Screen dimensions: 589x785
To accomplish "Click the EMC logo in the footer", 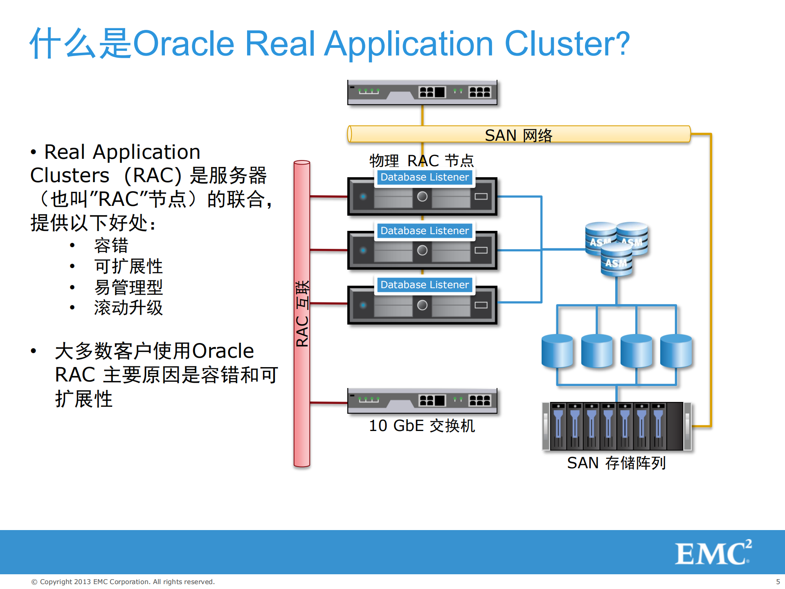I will tap(713, 553).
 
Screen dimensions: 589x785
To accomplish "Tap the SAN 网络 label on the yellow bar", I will tap(518, 135).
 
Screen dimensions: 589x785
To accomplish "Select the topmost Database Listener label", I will tap(424, 177).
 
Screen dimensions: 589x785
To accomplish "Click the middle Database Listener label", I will tap(424, 231).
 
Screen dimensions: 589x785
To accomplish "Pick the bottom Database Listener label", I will tap(424, 285).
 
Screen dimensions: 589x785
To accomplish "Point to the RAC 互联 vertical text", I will tap(302, 314).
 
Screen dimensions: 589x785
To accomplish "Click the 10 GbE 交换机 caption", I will tap(422, 426).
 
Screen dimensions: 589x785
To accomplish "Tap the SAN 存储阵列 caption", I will tap(616, 463).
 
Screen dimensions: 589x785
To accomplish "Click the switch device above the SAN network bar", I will tap(422, 93).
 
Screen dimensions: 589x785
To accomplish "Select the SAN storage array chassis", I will tap(616, 426).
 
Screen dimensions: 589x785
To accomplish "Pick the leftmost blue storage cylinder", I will tap(557, 351).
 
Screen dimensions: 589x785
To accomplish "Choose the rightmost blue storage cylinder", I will tap(676, 351).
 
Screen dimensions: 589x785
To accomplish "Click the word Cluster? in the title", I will tap(567, 43).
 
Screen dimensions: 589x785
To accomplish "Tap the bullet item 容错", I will tap(111, 246).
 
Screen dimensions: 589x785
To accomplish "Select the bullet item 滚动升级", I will tap(128, 308).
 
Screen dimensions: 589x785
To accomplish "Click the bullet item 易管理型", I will tap(128, 287).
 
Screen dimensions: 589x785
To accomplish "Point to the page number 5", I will tap(778, 582).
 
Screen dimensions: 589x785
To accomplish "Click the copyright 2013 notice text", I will tap(123, 582).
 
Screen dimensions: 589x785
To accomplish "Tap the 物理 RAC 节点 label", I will tap(421, 161).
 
